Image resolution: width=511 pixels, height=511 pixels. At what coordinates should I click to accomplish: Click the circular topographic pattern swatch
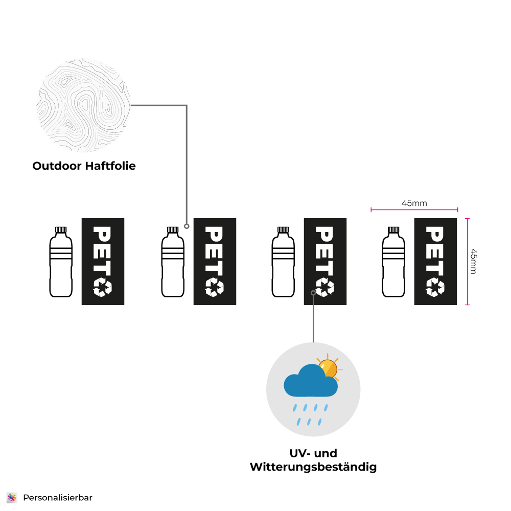click(x=84, y=105)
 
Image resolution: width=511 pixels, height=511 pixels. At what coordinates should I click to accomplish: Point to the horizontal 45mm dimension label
click(x=414, y=203)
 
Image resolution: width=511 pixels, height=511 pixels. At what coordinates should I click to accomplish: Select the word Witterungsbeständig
click(x=313, y=467)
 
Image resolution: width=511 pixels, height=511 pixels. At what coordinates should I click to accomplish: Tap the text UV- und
click(x=313, y=453)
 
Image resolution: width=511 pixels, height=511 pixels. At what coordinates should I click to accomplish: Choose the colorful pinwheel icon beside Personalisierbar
click(x=12, y=497)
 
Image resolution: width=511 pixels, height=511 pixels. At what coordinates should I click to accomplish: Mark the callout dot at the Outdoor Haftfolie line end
click(x=187, y=226)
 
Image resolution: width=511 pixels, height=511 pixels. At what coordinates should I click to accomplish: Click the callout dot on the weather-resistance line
click(x=313, y=292)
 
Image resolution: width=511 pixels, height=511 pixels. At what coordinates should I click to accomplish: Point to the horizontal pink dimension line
click(x=414, y=210)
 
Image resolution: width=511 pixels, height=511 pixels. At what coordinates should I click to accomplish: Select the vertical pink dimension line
click(x=467, y=261)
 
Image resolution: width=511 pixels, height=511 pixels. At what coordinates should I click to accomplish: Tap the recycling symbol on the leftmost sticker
click(x=102, y=287)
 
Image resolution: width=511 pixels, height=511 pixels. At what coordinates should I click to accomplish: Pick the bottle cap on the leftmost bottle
click(x=61, y=230)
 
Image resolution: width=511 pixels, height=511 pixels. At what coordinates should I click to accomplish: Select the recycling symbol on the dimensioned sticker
click(x=435, y=287)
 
